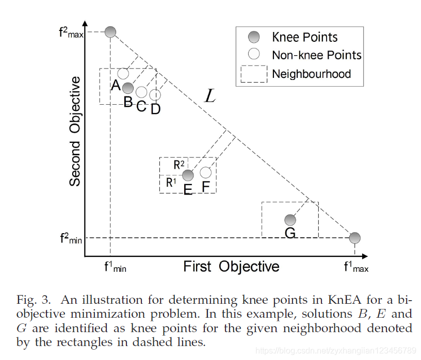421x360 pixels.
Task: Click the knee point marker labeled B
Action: pos(128,88)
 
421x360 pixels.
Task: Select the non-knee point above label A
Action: pos(123,73)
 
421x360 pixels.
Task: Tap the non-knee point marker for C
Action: pos(141,92)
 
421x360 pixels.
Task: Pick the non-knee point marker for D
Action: pos(155,95)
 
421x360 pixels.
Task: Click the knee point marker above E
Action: pos(188,175)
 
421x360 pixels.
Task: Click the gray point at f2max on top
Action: pos(110,32)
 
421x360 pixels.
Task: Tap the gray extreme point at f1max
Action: pos(354,238)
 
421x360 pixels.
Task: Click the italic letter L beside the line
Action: pos(209,95)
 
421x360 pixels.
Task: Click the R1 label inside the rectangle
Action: pos(171,182)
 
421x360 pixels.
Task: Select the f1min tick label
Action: pos(115,267)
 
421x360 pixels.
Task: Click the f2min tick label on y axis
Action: pos(71,238)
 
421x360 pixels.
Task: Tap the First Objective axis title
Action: pos(231,267)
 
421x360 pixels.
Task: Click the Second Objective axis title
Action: pos(75,132)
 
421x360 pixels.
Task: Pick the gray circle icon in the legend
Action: pos(253,37)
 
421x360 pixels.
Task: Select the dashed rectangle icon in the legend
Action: pos(253,74)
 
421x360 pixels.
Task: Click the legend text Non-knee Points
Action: pos(316,55)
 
